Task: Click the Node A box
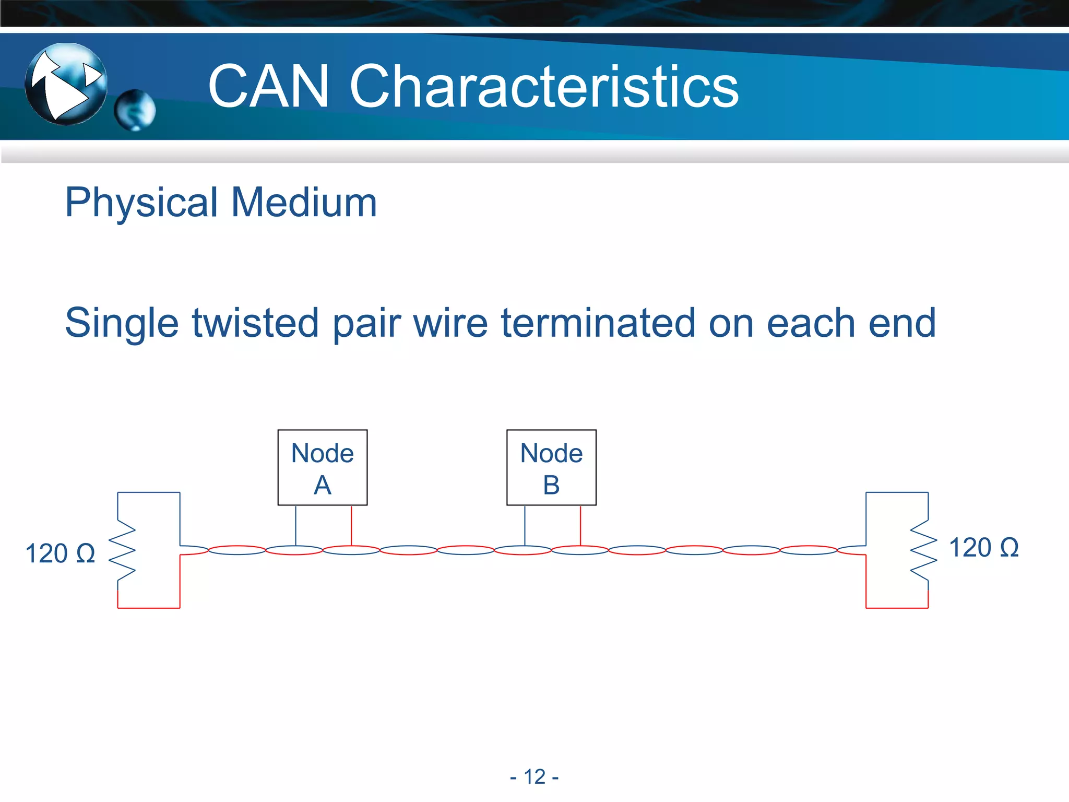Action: [x=322, y=467]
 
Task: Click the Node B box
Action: [x=551, y=467]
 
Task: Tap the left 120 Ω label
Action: [x=60, y=553]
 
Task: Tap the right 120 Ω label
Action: [x=983, y=548]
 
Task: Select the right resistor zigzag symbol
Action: [x=924, y=550]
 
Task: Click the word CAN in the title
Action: [x=268, y=87]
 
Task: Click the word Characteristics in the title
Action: [x=543, y=87]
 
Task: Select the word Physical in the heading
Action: [x=141, y=203]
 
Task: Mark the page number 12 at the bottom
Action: [x=534, y=777]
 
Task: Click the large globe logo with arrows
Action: [x=66, y=84]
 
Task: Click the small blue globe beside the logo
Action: [x=135, y=110]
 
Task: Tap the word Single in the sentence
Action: [x=122, y=324]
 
